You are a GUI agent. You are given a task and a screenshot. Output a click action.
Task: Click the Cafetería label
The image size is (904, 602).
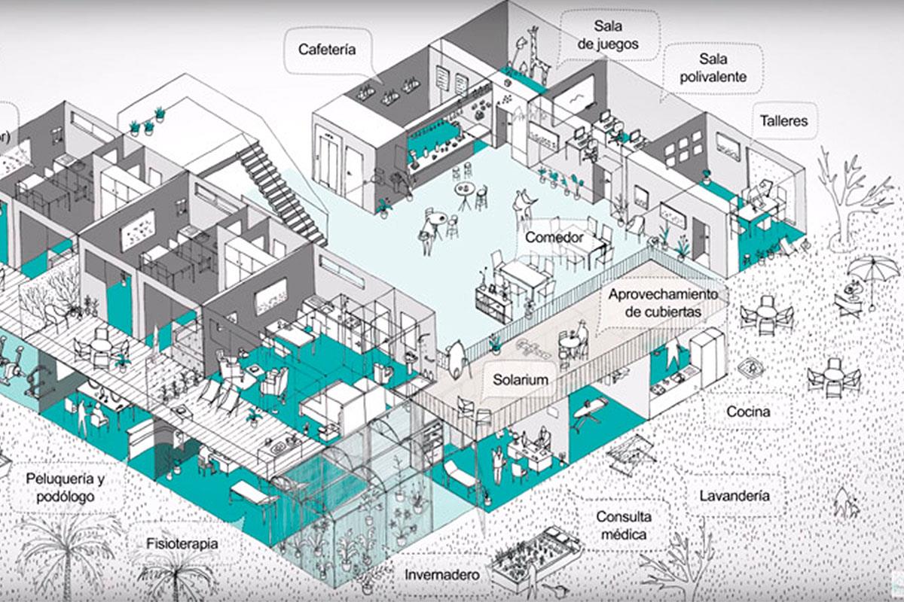326,50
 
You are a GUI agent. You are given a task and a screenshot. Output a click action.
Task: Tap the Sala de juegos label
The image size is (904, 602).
608,36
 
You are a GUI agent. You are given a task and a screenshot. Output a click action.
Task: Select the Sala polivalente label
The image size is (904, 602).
712,67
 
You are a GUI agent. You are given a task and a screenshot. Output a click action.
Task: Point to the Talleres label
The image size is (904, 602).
783,120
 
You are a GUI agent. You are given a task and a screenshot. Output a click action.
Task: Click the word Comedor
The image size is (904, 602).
555,238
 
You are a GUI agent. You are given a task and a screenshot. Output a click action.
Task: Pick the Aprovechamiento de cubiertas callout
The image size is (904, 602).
663,303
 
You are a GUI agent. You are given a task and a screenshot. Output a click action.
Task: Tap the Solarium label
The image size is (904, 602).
521,379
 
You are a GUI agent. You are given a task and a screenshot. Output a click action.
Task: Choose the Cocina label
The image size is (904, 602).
748,412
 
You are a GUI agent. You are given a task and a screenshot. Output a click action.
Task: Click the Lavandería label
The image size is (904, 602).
734,496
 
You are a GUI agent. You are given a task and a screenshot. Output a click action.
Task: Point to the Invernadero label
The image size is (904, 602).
442,574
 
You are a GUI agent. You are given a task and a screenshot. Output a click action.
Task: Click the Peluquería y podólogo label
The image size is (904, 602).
64,487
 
